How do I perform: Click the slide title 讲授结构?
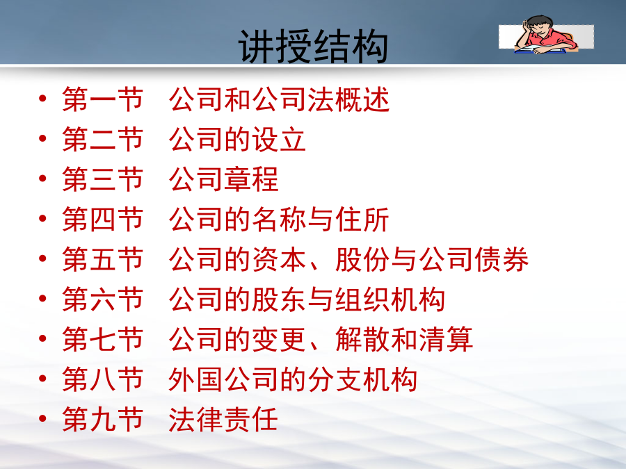[313, 47]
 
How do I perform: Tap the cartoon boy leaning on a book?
[546, 35]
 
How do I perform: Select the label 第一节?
[103, 99]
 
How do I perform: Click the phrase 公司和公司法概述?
[279, 99]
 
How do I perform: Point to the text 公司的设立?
[237, 139]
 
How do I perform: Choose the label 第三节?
[103, 179]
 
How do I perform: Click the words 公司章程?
[223, 179]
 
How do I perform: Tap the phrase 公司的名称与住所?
[279, 220]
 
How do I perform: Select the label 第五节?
[103, 259]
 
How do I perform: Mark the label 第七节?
[103, 339]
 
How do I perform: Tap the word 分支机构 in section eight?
[362, 379]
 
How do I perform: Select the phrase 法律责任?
[223, 419]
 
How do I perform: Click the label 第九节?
[103, 419]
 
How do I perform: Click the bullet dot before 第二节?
[42, 138]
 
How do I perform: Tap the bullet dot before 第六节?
[42, 298]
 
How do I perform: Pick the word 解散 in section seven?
[362, 339]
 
